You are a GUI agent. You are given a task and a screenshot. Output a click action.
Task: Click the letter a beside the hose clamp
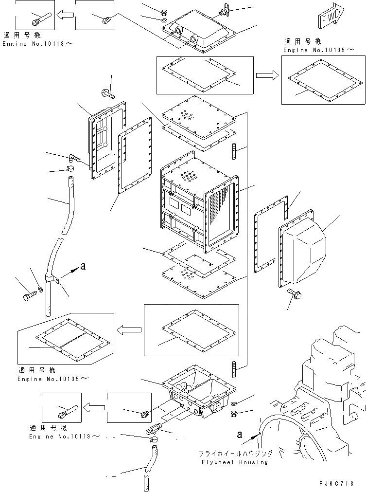83,266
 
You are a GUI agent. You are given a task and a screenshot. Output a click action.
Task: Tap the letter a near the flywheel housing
239,434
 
